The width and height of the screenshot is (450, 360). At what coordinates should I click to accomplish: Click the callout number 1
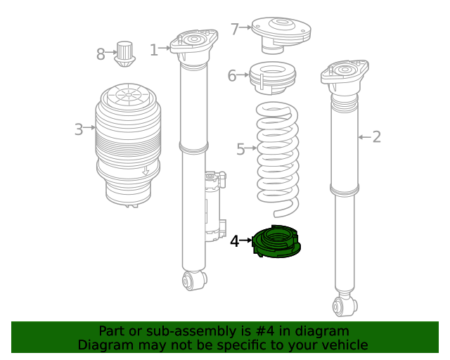(x=154, y=50)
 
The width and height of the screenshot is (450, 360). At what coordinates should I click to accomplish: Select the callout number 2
(x=377, y=136)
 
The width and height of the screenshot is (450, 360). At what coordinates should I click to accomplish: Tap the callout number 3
(x=79, y=129)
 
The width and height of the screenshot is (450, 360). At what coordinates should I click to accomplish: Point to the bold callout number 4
(x=234, y=241)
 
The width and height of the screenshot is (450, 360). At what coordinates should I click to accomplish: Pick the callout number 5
(x=240, y=149)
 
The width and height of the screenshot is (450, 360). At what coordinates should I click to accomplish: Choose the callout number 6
(x=231, y=76)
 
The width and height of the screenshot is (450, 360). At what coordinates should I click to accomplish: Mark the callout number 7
(x=235, y=29)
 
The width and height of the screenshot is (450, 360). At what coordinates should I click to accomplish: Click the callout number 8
(x=101, y=54)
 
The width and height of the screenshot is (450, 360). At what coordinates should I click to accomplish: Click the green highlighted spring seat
(x=276, y=241)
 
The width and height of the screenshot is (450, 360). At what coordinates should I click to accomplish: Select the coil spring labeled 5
(x=277, y=160)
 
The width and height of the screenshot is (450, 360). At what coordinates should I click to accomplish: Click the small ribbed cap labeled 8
(x=125, y=54)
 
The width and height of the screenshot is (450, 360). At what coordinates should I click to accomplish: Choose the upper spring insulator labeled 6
(x=272, y=78)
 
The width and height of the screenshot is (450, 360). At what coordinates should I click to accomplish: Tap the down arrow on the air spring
(x=146, y=170)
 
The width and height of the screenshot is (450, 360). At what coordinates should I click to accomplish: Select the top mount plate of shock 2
(x=345, y=74)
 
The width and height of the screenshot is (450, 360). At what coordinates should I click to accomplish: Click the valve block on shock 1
(x=215, y=206)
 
